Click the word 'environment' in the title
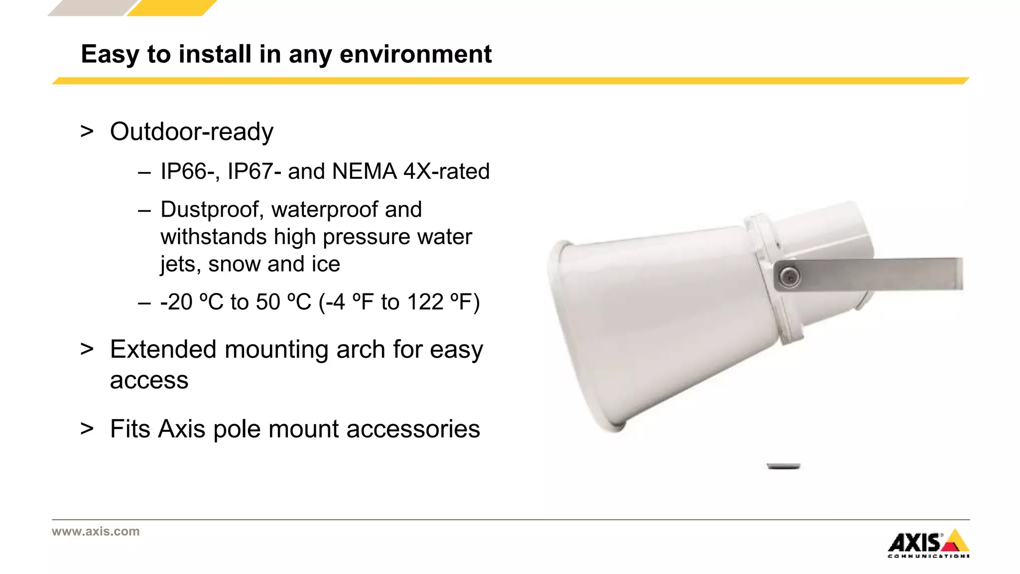click(x=415, y=54)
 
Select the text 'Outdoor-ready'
click(x=192, y=132)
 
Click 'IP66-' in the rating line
click(x=190, y=171)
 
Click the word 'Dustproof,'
click(x=212, y=210)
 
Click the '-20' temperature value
click(x=176, y=302)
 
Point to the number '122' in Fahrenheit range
click(x=425, y=302)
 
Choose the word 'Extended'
click(x=163, y=349)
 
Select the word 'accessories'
click(x=413, y=430)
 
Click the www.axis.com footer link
click(x=96, y=532)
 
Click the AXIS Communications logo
click(x=928, y=544)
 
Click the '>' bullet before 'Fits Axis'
click(x=87, y=429)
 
